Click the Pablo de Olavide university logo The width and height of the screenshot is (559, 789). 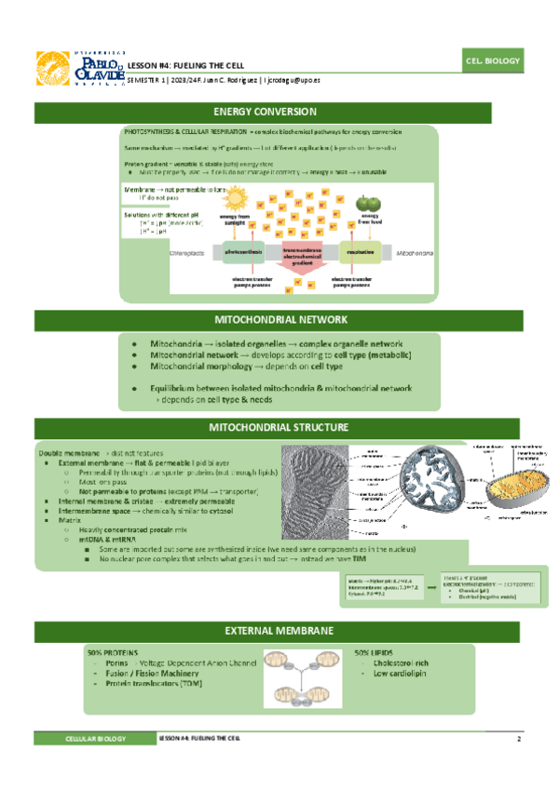(78, 67)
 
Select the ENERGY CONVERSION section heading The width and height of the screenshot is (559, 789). (279, 112)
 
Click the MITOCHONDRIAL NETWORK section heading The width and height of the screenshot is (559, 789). (279, 319)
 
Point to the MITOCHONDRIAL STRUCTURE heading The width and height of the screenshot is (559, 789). (279, 427)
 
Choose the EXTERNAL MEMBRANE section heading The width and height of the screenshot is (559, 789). (279, 631)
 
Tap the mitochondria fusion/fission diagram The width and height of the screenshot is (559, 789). (301, 675)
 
